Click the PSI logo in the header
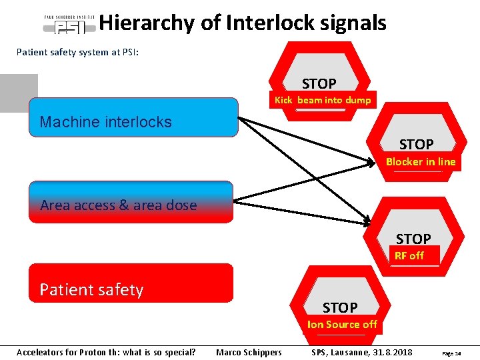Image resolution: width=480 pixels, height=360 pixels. [69, 25]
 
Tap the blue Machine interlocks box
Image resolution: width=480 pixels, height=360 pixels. [133, 117]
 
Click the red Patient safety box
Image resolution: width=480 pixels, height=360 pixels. [131, 283]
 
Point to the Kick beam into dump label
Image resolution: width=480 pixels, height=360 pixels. [323, 100]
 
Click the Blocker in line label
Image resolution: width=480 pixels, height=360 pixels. [421, 161]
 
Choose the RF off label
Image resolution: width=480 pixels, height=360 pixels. [409, 255]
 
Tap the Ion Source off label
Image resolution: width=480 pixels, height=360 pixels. [342, 325]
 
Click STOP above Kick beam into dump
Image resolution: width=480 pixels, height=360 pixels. [319, 83]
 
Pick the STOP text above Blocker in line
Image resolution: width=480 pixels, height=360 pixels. [416, 144]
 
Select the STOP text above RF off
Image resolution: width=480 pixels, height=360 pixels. [413, 239]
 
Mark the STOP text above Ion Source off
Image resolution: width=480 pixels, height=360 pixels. [340, 307]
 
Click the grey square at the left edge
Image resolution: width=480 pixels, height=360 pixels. [19, 93]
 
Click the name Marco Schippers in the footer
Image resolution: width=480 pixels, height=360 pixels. [249, 352]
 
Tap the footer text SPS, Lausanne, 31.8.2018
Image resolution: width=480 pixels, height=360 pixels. [362, 352]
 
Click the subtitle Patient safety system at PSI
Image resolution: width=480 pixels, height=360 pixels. [78, 52]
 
